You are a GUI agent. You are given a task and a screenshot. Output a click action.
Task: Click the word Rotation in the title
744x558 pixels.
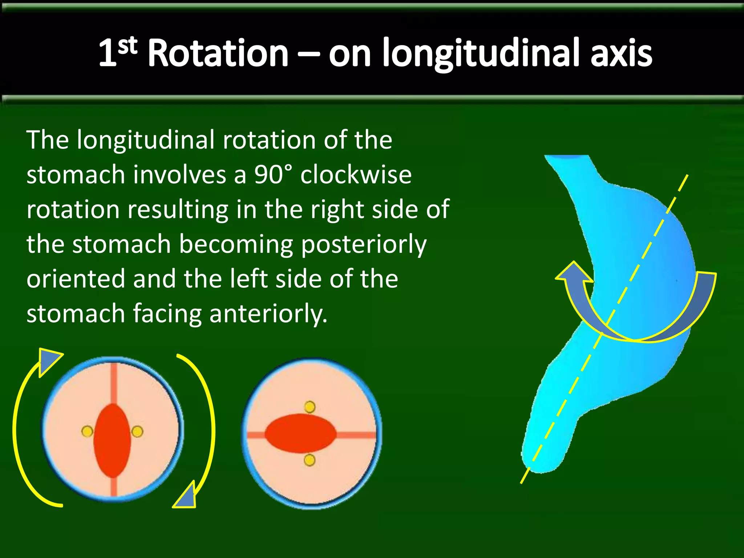218,54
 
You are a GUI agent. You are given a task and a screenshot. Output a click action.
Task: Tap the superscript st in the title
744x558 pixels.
128,46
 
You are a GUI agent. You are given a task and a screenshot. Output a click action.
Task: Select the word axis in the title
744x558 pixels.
621,54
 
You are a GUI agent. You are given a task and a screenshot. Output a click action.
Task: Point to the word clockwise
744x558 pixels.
356,174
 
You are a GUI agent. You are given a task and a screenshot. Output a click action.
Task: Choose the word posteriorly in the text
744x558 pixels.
364,244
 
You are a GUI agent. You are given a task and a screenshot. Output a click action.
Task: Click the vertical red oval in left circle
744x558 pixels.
112,440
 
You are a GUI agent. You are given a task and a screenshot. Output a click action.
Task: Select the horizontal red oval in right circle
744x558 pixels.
300,433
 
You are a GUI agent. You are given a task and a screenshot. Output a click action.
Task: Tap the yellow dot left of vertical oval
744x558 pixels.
87,432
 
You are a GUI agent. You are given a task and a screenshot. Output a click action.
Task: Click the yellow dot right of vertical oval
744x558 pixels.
137,432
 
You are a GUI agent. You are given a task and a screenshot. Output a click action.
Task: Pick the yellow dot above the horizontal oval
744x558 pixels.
310,407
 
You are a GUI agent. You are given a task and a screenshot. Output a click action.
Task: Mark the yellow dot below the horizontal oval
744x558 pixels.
310,460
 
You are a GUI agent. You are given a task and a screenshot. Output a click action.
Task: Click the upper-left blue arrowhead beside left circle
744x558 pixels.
49,360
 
